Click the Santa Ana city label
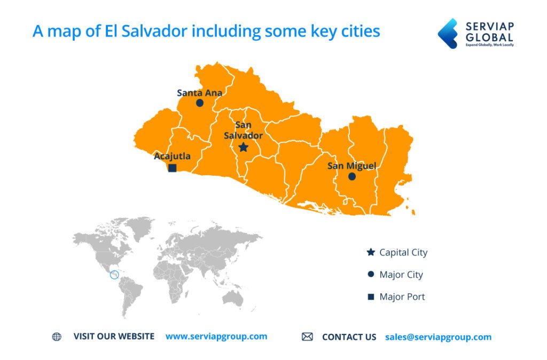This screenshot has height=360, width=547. tap(199, 92)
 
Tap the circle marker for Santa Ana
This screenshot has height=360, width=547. tap(200, 103)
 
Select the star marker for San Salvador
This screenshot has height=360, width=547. tap(243, 147)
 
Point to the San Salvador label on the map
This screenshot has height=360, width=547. tap(243, 130)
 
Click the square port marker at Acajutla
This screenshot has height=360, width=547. tap(173, 168)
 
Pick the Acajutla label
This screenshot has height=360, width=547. tap(172, 156)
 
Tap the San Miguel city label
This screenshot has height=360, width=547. tap(351, 166)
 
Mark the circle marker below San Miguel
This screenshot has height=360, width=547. tap(352, 176)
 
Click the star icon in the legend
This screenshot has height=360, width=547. tap(371, 252)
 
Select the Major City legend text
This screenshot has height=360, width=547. tap(401, 275)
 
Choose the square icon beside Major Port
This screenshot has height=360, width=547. tap(371, 297)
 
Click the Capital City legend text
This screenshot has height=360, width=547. tap(403, 252)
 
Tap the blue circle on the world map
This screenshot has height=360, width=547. tap(114, 275)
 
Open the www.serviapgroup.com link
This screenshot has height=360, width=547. tap(216, 336)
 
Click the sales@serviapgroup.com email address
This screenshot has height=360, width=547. tap(438, 337)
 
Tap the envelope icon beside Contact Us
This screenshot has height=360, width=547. tap(307, 336)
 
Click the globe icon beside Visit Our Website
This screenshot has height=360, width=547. tap(57, 336)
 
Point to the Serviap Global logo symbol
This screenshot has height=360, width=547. tap(448, 34)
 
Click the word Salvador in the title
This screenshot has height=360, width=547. tap(156, 31)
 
